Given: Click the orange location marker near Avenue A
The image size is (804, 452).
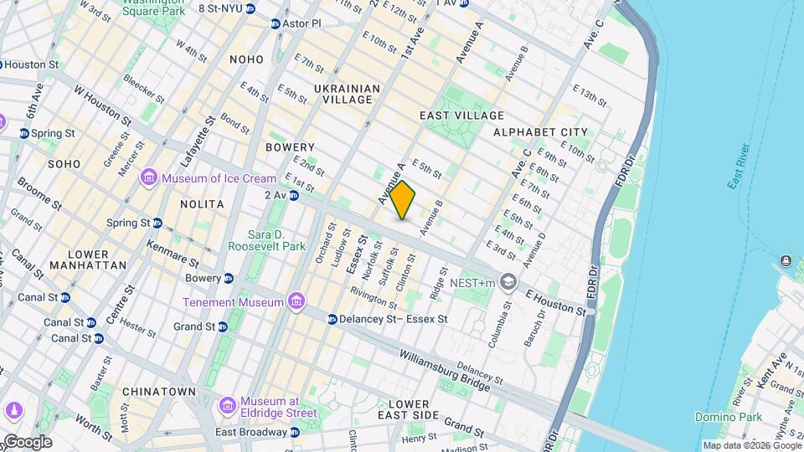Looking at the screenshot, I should coord(403,200).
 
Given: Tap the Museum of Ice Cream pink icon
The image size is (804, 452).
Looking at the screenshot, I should coord(150,177).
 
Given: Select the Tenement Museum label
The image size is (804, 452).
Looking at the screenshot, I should coord(234,301).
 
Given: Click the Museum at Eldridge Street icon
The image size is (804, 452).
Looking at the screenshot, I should coord(227,406).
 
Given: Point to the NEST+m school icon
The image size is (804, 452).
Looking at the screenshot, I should coord(508,283).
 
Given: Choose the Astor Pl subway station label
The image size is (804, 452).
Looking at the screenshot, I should coord(301,23).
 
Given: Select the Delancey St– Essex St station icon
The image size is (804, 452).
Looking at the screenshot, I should coord(332,319).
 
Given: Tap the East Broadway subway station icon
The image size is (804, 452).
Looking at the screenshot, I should coord(294,433).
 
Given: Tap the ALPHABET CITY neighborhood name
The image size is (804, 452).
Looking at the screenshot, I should coord(540,132).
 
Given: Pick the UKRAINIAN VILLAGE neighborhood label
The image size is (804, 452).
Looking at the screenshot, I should coord(348,94).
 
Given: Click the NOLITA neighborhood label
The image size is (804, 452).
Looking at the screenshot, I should coord(202,204).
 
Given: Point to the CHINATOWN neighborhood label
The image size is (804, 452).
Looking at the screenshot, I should coord(158,392).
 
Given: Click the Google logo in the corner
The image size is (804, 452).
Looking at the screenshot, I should coord(27,441).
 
